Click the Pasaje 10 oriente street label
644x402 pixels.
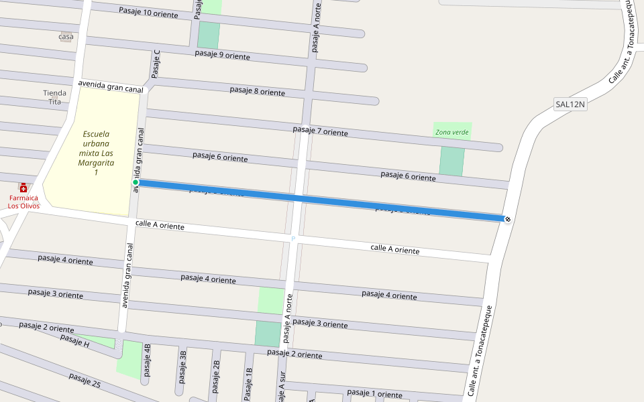point(148,13)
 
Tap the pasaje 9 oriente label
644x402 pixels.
point(222,56)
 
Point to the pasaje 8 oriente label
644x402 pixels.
point(257,90)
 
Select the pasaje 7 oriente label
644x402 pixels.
point(321,131)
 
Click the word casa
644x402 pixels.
point(66,36)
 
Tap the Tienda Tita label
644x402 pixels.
point(55,97)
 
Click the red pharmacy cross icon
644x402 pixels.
point(23,188)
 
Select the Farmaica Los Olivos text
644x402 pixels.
point(23,202)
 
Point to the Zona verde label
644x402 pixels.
point(452,132)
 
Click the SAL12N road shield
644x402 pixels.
point(570,104)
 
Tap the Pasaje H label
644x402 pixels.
point(74,340)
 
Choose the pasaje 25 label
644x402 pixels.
point(85,380)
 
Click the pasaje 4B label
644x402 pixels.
point(148,360)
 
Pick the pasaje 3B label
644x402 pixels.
point(182,365)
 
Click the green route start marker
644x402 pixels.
point(136,182)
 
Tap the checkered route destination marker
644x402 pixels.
point(507,218)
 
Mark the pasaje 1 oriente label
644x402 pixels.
point(374,393)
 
